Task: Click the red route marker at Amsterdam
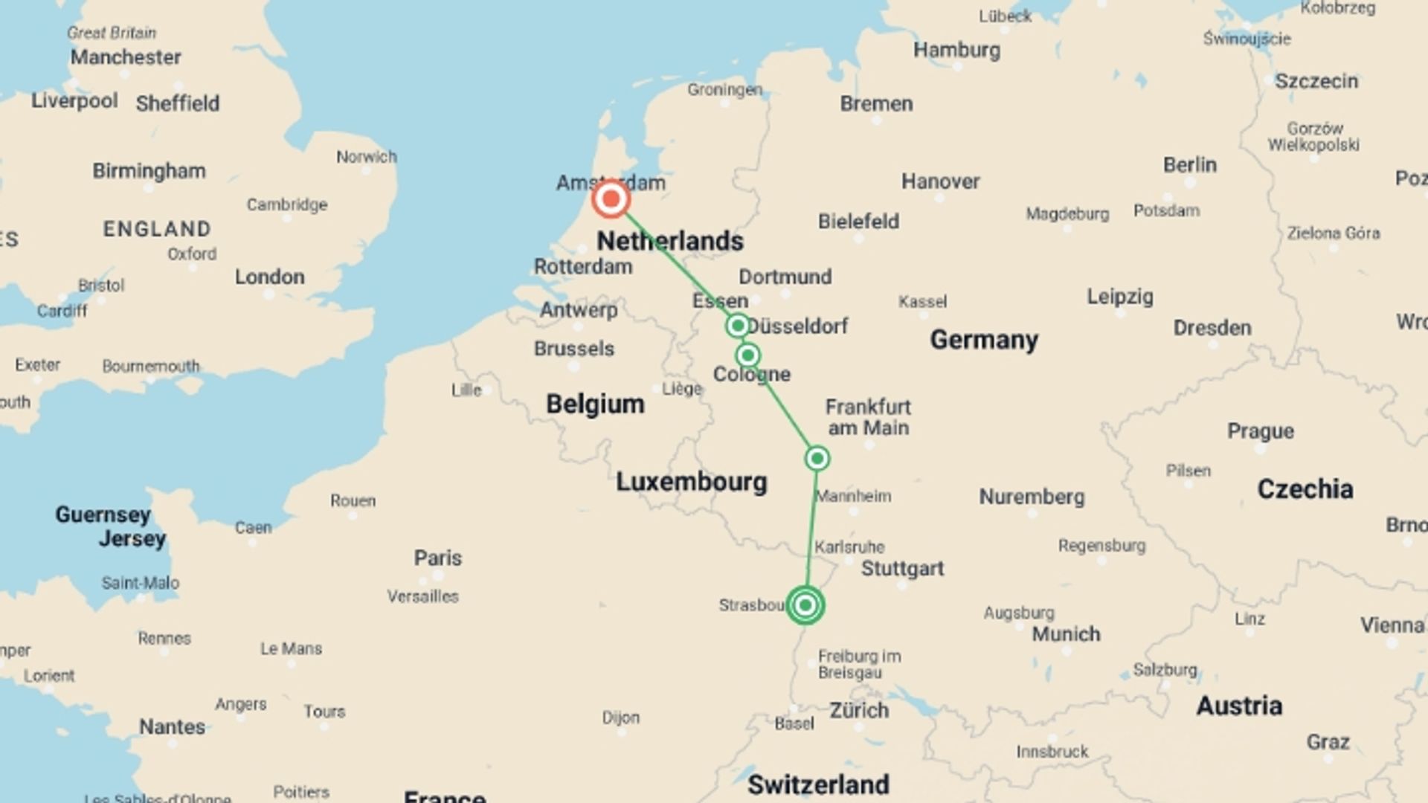point(611,199)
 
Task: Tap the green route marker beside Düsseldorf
point(738,326)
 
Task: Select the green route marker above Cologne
point(748,355)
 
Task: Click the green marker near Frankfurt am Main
point(817,458)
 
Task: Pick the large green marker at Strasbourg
point(805,605)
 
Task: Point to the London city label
point(269,277)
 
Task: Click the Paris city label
point(437,558)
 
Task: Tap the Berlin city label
point(1189,165)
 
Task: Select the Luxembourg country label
point(691,482)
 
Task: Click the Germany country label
point(983,340)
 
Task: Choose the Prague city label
point(1260,431)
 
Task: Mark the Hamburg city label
point(956,51)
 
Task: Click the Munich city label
point(1065,634)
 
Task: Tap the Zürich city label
point(858,710)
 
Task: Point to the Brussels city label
point(573,349)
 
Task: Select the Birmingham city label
point(149,171)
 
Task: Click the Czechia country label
point(1305,489)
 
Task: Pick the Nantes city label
point(172,726)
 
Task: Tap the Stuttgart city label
point(901,569)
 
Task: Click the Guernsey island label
point(103,515)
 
